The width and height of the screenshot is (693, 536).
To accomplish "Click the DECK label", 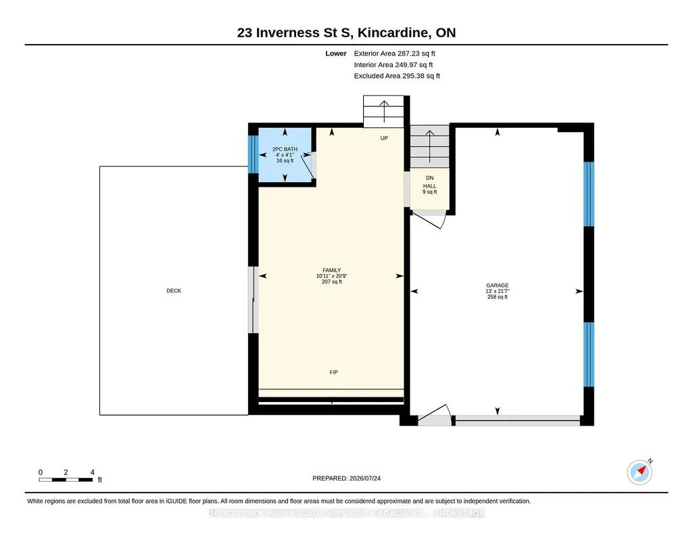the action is [174, 290].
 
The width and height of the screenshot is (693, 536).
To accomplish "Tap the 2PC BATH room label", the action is [285, 149].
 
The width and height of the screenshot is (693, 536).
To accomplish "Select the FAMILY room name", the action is [331, 270].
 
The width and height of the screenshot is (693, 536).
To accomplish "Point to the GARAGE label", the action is [497, 285].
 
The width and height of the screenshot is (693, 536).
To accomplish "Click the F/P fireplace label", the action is [334, 372].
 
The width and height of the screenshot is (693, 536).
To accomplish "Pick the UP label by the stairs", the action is [384, 138].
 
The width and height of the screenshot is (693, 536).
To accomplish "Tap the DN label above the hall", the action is [429, 178].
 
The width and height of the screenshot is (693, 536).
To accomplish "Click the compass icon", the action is [640, 472].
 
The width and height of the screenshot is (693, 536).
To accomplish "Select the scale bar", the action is [66, 479].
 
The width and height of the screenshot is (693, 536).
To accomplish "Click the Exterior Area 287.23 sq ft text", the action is [394, 53].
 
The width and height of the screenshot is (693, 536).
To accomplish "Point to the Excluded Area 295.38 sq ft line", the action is [397, 76].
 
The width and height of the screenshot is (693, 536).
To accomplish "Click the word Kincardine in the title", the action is [393, 32].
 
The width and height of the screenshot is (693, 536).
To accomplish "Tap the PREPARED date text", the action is [346, 478].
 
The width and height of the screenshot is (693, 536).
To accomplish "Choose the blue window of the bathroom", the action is [254, 154].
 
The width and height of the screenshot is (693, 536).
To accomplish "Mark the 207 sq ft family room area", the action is [331, 282].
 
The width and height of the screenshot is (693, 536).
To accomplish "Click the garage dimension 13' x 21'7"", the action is [497, 291].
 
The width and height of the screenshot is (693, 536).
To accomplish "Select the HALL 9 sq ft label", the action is [429, 189].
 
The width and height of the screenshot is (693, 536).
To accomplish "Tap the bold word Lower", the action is [336, 53].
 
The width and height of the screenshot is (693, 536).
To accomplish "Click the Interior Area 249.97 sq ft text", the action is [393, 64].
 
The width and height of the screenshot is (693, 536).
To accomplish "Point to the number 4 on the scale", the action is [93, 472].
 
